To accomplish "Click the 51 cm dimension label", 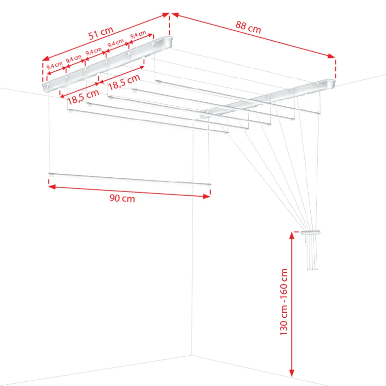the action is point(101,33).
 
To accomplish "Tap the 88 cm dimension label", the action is point(248,27).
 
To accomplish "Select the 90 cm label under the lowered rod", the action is point(122,198).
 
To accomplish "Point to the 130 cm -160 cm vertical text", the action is point(284,302).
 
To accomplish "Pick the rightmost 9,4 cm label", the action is point(138,35).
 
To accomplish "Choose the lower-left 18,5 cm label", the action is point(83,97).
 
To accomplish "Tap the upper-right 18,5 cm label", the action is point(124,82).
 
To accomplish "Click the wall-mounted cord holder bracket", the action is point(310,232).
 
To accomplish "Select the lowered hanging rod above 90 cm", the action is point(130,179).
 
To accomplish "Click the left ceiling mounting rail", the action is point(107,64).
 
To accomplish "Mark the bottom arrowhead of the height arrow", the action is point(292,373).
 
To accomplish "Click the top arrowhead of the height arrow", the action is point(292,236).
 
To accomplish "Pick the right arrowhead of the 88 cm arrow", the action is point(331,56).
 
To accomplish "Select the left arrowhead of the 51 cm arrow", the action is point(46,58).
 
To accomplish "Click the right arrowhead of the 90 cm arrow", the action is point(207,196).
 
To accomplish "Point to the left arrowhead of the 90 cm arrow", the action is point(52,187).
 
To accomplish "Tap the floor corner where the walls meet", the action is point(192,355).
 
